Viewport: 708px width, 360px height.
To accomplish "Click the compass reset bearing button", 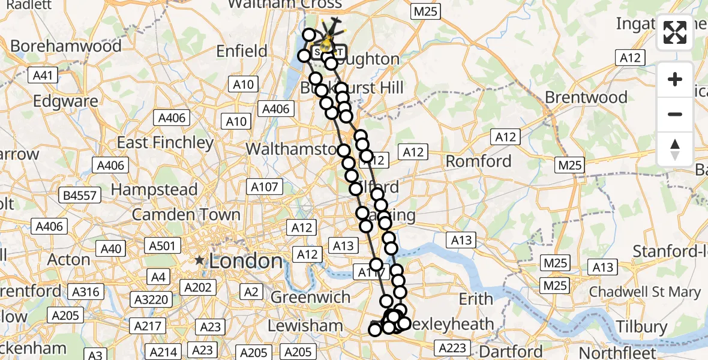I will click(x=675, y=149).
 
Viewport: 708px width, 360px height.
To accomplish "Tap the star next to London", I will click(x=200, y=261).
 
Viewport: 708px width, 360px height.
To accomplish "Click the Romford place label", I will click(x=478, y=161).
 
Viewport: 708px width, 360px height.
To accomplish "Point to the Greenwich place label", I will click(x=311, y=297).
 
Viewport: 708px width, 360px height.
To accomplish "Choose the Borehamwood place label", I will click(x=66, y=46).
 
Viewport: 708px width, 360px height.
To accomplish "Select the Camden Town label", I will click(x=186, y=214).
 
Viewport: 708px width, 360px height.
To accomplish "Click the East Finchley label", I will click(x=165, y=143).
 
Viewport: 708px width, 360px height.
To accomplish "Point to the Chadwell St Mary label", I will click(x=653, y=292).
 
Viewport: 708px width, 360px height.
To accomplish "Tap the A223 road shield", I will click(x=452, y=347).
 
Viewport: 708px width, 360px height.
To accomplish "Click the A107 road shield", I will click(x=265, y=187).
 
